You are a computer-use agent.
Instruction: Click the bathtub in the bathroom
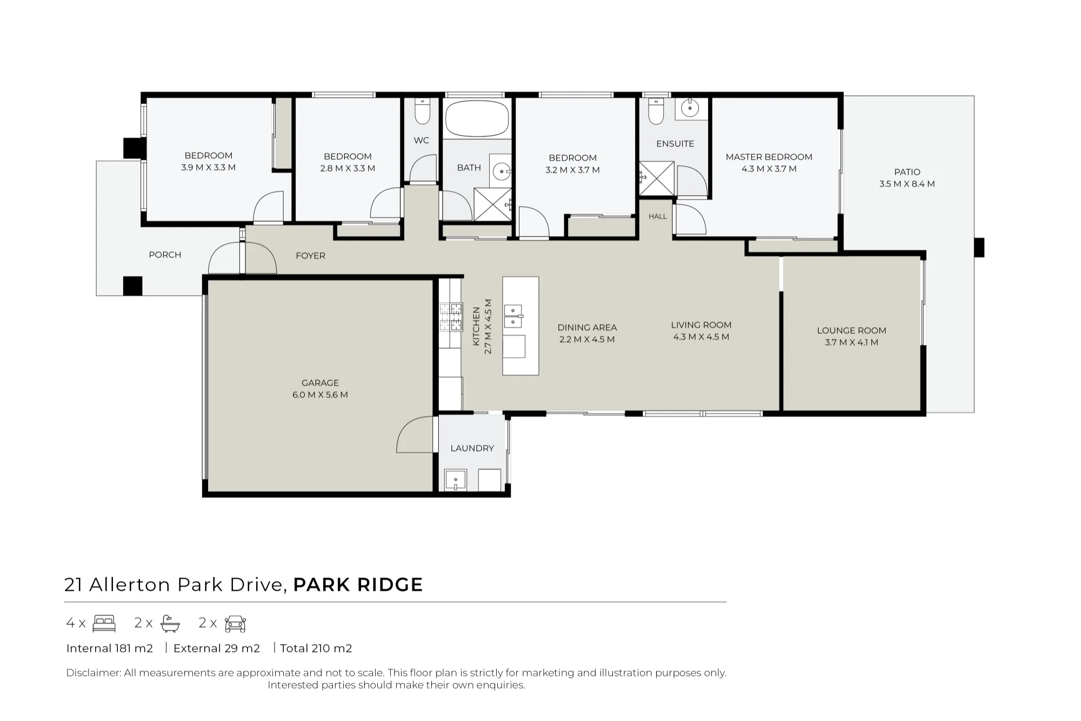click(x=477, y=118)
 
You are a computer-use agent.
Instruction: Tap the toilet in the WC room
click(x=422, y=111)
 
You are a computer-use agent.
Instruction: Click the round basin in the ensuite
click(x=690, y=108)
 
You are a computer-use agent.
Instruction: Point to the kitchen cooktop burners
click(x=451, y=317)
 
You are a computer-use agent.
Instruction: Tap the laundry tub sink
click(x=456, y=480)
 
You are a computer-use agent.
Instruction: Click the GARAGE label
click(x=320, y=383)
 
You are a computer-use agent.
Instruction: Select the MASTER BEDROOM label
click(x=769, y=157)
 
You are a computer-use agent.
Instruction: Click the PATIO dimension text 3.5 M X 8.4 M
click(x=907, y=184)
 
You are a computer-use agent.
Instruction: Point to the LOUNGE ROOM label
click(x=851, y=330)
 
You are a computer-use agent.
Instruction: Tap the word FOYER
click(x=310, y=256)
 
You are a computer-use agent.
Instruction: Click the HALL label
click(x=658, y=216)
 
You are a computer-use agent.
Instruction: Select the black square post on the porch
click(x=132, y=286)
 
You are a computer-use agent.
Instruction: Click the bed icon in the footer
click(x=104, y=623)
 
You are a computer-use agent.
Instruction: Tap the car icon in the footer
click(x=235, y=624)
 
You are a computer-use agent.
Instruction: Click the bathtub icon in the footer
click(x=170, y=624)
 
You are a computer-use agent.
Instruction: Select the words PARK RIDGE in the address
click(x=358, y=585)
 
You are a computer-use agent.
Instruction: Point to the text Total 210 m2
click(x=316, y=648)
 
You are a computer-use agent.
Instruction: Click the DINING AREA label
click(x=587, y=327)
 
